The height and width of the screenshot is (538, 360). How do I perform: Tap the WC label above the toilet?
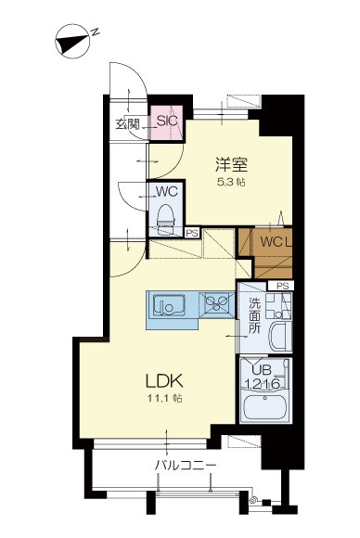(167, 191)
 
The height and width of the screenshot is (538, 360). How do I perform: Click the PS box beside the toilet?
(192, 232)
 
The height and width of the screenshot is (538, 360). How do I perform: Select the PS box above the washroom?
(282, 286)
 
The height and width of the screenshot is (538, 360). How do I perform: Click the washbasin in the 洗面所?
(276, 333)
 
